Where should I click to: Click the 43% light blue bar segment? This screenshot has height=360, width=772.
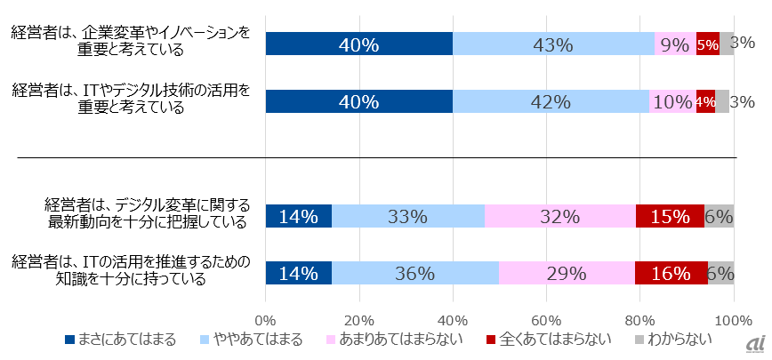point(553,44)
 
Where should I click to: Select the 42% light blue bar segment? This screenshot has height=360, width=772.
point(551,101)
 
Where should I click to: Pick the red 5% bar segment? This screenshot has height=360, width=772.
point(708,44)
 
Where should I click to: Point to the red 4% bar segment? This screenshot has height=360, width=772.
point(705,101)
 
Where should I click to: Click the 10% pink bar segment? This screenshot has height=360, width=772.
point(671,101)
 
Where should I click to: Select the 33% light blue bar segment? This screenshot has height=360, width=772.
point(408,216)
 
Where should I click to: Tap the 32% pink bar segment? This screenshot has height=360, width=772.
point(560,216)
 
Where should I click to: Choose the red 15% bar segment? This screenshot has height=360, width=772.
point(670,216)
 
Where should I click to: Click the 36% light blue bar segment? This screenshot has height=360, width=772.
point(415,274)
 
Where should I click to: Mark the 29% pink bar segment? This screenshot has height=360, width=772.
point(567,274)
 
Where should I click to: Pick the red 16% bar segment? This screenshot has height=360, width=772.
point(671,274)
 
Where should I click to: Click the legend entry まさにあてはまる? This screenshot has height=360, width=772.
point(119,339)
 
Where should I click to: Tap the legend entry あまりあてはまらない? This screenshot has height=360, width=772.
point(394,339)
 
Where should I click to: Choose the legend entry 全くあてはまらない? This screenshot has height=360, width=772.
point(545,339)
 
